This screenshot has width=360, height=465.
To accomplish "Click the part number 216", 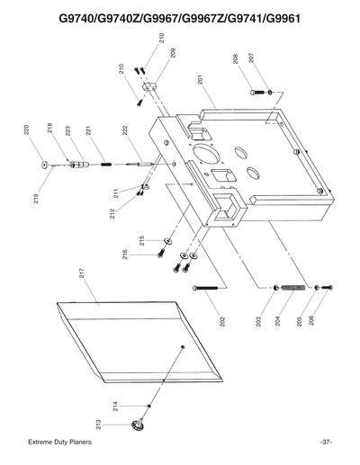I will point(125,254).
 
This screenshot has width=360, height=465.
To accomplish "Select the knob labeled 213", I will point(138,425).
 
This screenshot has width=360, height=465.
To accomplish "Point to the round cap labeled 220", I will point(44,164).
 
